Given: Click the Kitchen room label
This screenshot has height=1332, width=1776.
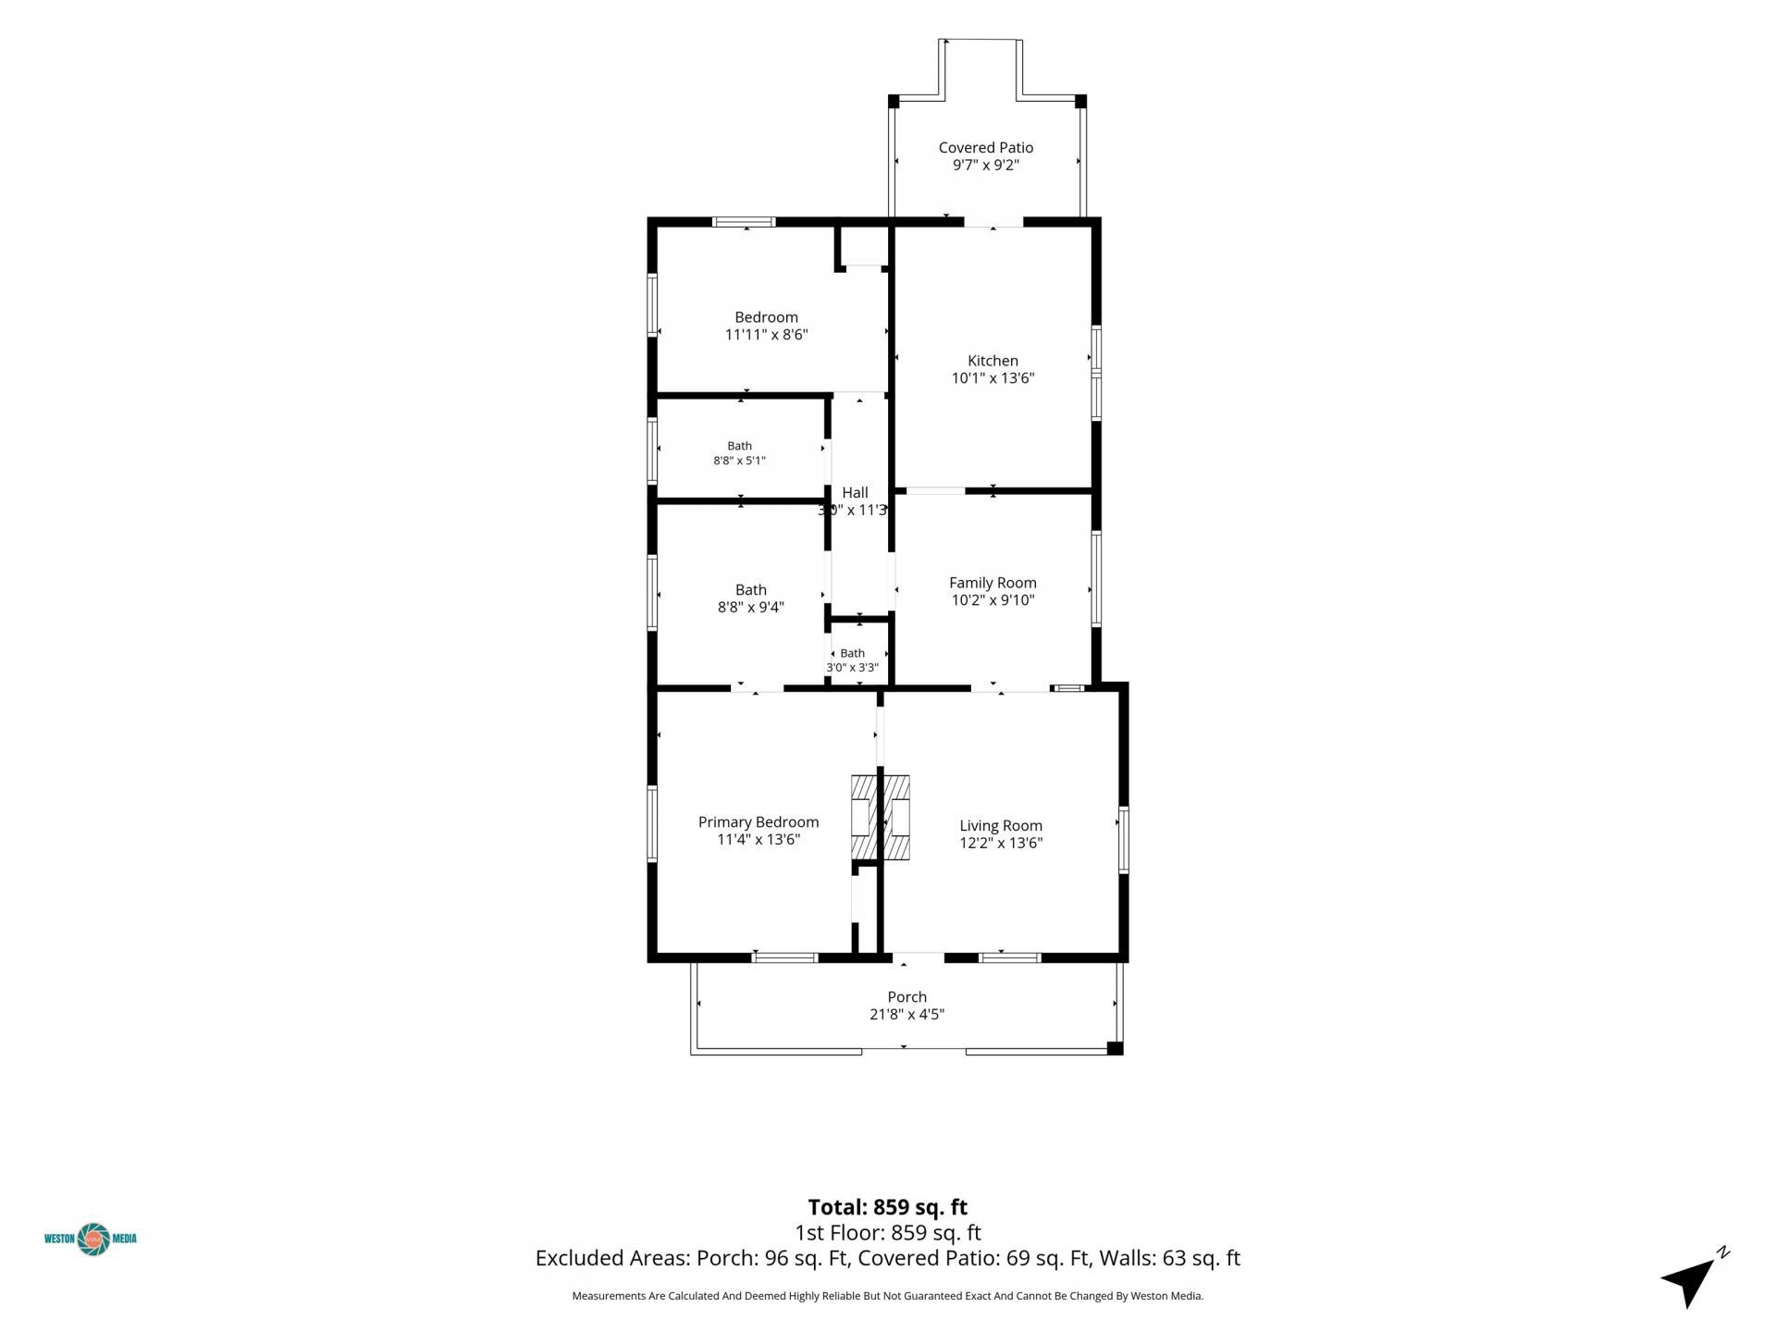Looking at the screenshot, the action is [993, 361].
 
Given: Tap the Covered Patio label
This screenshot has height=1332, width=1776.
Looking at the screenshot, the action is [985, 147].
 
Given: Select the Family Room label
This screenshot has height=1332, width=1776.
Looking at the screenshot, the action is [993, 583].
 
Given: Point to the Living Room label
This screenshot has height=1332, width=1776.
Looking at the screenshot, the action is [1001, 826].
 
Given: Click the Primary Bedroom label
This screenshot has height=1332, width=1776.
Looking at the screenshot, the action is [758, 822].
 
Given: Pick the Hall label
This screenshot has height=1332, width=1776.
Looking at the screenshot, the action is [855, 493].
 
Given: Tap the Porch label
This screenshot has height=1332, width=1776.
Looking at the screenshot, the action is [906, 997].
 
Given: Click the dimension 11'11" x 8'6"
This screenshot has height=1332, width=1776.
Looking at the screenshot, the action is [766, 335].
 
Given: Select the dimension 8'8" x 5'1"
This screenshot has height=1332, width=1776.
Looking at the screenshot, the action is [739, 461].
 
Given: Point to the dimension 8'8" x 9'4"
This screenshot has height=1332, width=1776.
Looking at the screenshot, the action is [751, 607].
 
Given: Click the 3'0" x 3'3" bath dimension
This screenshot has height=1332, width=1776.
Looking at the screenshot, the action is [852, 668].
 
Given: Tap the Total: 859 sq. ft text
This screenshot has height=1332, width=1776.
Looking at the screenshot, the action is [888, 1207].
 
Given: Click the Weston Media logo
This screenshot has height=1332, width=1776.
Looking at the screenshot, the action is [91, 1239].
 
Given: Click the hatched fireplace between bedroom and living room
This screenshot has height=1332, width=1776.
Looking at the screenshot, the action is [881, 817].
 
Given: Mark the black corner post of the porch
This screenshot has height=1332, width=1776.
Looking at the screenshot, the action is [1115, 1048].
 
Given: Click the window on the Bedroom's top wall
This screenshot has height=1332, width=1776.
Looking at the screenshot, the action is [744, 222].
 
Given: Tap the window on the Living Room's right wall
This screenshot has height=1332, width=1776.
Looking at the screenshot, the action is [1124, 840].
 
